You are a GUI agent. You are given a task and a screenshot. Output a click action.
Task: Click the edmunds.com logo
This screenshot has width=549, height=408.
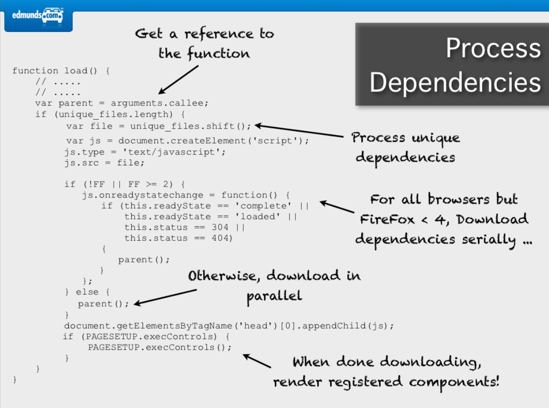[x=38, y=17]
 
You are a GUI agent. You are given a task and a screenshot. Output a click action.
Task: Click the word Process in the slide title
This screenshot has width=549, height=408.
[x=493, y=49]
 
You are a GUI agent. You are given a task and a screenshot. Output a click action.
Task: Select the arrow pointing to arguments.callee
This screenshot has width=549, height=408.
[x=178, y=80]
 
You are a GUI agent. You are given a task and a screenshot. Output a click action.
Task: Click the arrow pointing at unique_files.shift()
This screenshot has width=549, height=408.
[x=299, y=131]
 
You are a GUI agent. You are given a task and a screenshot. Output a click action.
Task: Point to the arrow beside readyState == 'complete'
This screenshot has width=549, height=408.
[x=337, y=208]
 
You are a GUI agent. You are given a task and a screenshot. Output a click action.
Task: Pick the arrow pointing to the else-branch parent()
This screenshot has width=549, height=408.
[x=165, y=297]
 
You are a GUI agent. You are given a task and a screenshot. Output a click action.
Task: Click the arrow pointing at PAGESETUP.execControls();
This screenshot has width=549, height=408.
[x=256, y=361]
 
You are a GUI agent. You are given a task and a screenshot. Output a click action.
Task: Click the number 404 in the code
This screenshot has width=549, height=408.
[x=222, y=238]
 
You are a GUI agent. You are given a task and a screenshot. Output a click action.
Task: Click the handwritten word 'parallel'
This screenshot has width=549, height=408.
[x=274, y=296]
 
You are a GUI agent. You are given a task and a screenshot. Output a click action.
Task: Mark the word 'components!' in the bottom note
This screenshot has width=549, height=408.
[x=454, y=382]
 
